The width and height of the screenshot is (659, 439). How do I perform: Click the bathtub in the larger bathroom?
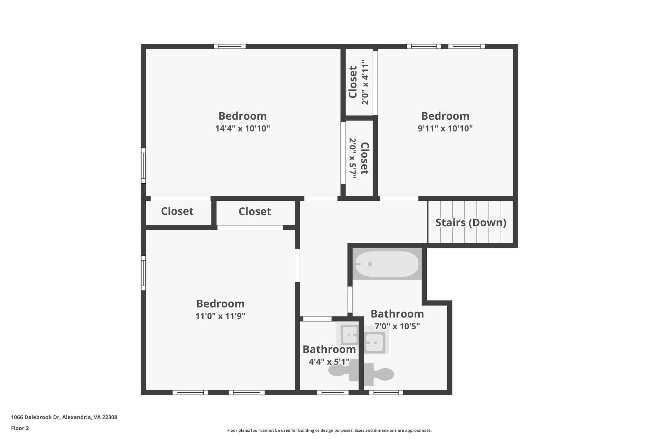pos(387,264)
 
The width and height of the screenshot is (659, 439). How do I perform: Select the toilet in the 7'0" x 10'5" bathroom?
pos(380,374)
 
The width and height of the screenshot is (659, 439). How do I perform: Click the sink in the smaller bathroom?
pos(349,334)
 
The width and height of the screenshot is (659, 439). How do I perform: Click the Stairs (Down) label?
pos(471,223)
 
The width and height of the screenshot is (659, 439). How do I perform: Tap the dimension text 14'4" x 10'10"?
pos(242,129)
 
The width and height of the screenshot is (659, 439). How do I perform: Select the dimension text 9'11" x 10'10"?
pos(445,129)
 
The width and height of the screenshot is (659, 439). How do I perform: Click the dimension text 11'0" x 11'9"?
pos(220,316)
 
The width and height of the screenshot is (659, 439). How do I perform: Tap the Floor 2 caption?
pos(20,428)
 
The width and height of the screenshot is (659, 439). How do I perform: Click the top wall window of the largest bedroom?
pos(229,46)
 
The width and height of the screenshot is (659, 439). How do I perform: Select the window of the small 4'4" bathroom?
pos(333,392)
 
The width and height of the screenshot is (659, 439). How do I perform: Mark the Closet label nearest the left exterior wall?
pos(177,211)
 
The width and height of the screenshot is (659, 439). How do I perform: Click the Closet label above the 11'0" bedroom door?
pos(255,212)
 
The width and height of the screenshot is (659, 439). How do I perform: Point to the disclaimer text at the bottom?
pos(329,430)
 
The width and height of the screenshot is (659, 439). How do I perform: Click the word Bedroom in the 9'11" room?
pos(445,116)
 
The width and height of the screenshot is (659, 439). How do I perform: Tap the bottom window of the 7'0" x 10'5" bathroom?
pos(386,392)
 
